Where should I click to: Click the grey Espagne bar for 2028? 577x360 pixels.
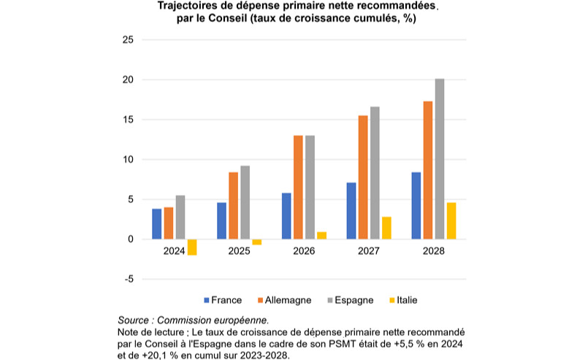(440, 158)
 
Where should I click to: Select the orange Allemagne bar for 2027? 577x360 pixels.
(363, 177)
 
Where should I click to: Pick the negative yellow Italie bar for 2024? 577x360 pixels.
(192, 247)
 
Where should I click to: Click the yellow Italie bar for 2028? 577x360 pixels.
(451, 221)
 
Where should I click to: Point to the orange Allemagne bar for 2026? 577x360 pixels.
(298, 187)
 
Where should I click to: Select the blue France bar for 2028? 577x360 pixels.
(416, 205)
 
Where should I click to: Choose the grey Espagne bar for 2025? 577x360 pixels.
(245, 202)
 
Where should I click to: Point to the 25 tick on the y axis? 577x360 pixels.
(129, 40)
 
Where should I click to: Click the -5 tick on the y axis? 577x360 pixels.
(129, 279)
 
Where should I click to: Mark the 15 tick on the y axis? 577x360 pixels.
(129, 120)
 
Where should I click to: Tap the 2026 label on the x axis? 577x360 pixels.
(304, 251)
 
